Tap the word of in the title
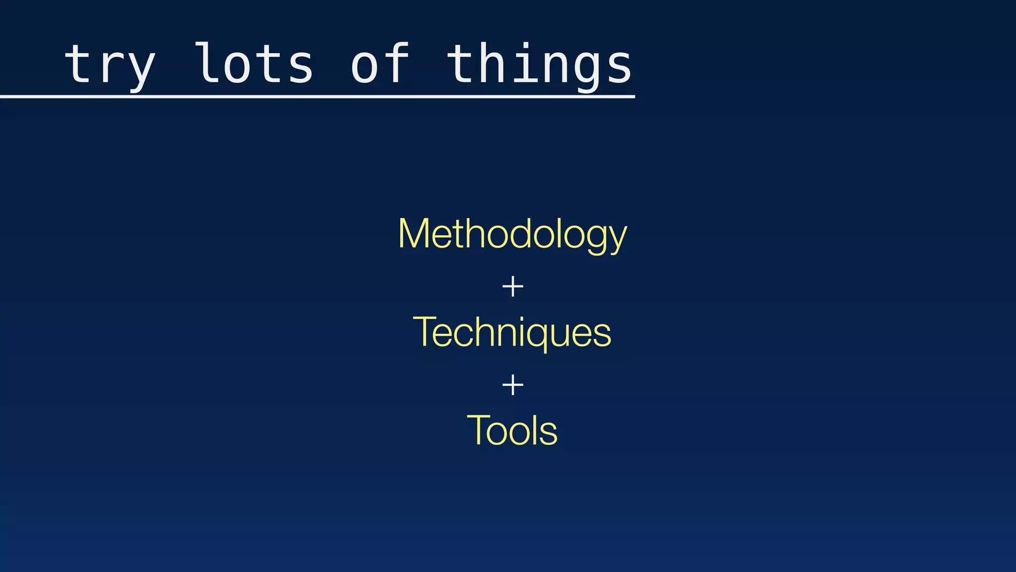coord(380,64)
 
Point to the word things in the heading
coord(539,65)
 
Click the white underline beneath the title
coord(317,96)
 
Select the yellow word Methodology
coord(512,234)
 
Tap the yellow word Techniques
coord(512,332)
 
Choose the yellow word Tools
coord(512,430)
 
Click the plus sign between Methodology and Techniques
coord(512,287)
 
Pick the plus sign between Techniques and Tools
coord(512,385)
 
